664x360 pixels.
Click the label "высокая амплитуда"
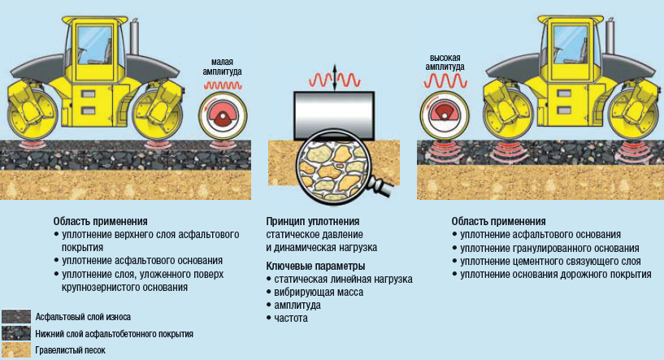[447, 63]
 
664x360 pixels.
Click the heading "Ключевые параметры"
[315, 266]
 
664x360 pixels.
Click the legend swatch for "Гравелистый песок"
[15, 350]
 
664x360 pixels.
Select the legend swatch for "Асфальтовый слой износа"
[15, 316]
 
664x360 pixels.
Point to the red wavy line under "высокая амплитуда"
[446, 81]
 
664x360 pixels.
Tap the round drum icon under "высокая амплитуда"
[445, 114]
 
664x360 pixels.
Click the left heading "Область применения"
[101, 221]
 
